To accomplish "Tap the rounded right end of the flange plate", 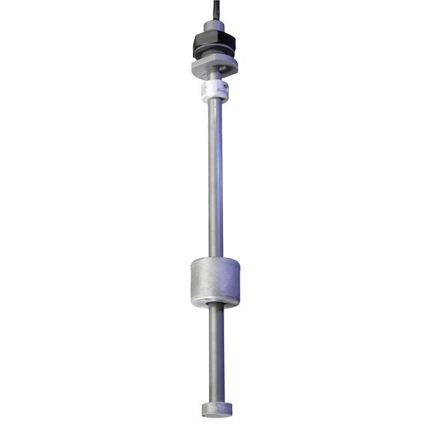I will click(236, 65).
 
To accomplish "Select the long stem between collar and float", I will click(215, 180).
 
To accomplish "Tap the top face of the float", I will click(215, 262).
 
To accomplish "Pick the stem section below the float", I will click(215, 354).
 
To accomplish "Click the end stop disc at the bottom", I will click(215, 409).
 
